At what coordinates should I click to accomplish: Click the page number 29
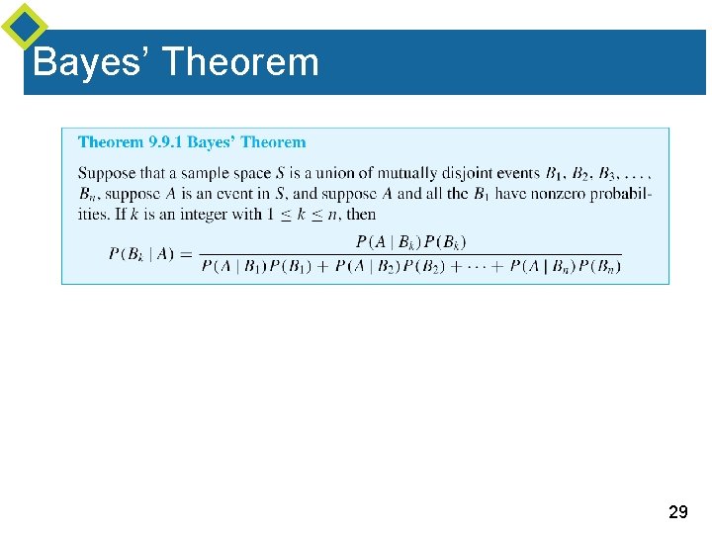click(677, 512)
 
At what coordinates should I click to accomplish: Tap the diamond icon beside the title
click(25, 27)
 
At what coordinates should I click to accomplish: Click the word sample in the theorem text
click(198, 174)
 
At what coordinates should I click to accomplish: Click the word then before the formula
click(361, 214)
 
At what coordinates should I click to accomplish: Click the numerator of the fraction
click(410, 242)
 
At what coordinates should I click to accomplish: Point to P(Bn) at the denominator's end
click(600, 266)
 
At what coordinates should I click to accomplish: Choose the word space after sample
click(247, 174)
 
